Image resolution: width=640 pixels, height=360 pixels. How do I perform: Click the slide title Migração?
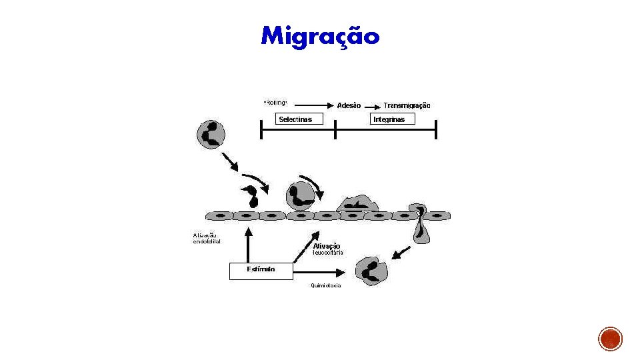(x=320, y=35)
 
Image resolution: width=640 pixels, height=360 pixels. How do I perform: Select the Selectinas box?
(x=294, y=119)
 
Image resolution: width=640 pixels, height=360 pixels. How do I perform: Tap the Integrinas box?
(x=392, y=119)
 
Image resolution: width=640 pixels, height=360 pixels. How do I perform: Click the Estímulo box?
(x=261, y=271)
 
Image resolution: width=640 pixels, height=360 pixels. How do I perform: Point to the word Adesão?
(x=349, y=105)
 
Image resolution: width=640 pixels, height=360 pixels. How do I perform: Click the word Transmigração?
(x=407, y=105)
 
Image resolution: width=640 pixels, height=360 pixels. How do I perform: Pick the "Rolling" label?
(x=275, y=103)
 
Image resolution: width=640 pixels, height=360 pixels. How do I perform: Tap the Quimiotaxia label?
(x=325, y=286)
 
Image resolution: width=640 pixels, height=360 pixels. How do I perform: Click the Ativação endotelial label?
(x=207, y=239)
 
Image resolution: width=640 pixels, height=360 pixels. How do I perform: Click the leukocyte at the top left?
(x=211, y=134)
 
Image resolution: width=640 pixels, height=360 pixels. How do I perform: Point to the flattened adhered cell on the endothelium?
(x=357, y=203)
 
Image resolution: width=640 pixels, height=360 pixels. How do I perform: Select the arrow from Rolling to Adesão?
(x=313, y=105)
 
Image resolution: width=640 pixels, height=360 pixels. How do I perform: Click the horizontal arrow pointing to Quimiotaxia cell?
(x=319, y=272)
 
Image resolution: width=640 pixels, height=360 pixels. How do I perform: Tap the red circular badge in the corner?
(x=610, y=339)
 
